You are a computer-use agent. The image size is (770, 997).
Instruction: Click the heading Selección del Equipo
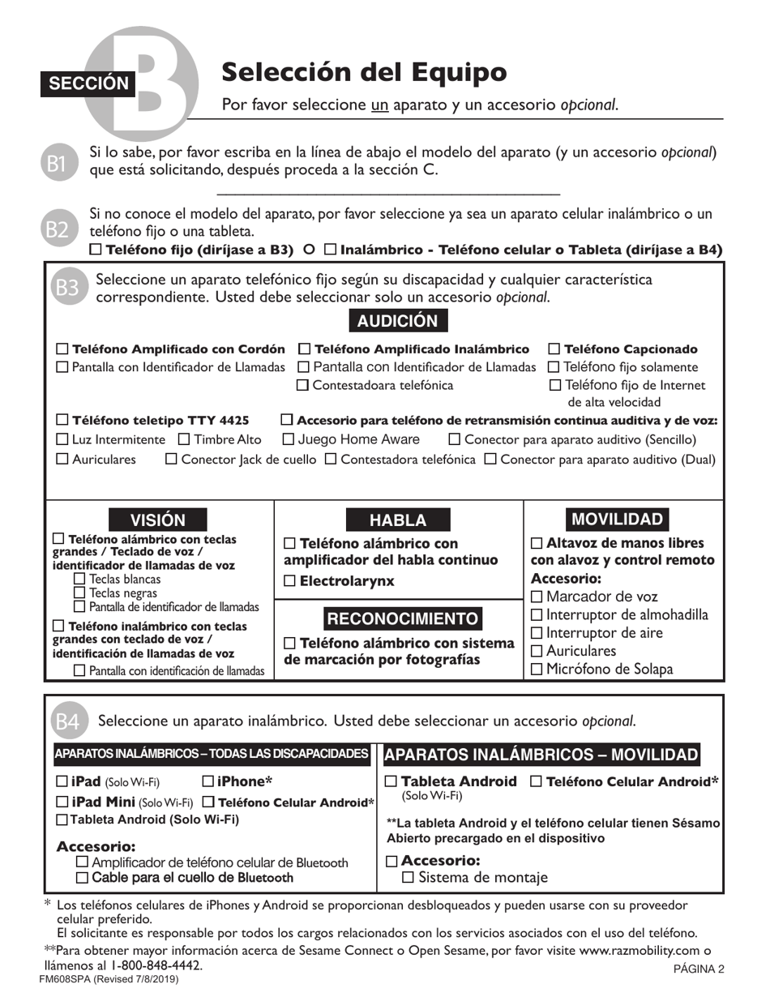click(364, 73)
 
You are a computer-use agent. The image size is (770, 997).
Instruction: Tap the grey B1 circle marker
click(56, 163)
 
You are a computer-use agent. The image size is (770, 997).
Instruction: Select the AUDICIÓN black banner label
click(397, 320)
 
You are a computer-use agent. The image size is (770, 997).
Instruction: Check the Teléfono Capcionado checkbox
click(554, 349)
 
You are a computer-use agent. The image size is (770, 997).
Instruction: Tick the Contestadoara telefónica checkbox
click(303, 386)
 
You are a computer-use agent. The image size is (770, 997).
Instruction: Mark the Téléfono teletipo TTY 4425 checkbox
click(62, 420)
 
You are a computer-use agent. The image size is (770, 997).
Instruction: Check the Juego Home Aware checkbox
click(288, 439)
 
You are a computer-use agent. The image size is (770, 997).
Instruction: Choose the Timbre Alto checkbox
click(184, 439)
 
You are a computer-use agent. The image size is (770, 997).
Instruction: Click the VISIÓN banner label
click(157, 520)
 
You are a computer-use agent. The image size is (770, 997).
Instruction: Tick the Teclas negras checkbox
click(79, 593)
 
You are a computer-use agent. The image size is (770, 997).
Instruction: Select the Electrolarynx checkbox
click(290, 581)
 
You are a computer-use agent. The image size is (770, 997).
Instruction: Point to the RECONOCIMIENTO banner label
click(402, 619)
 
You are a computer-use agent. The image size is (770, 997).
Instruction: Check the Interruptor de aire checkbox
click(537, 633)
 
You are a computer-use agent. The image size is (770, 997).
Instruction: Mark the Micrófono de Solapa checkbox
click(537, 670)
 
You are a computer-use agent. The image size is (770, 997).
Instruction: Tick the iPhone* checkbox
click(208, 781)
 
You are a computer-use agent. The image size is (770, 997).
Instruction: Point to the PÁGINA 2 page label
click(698, 968)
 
